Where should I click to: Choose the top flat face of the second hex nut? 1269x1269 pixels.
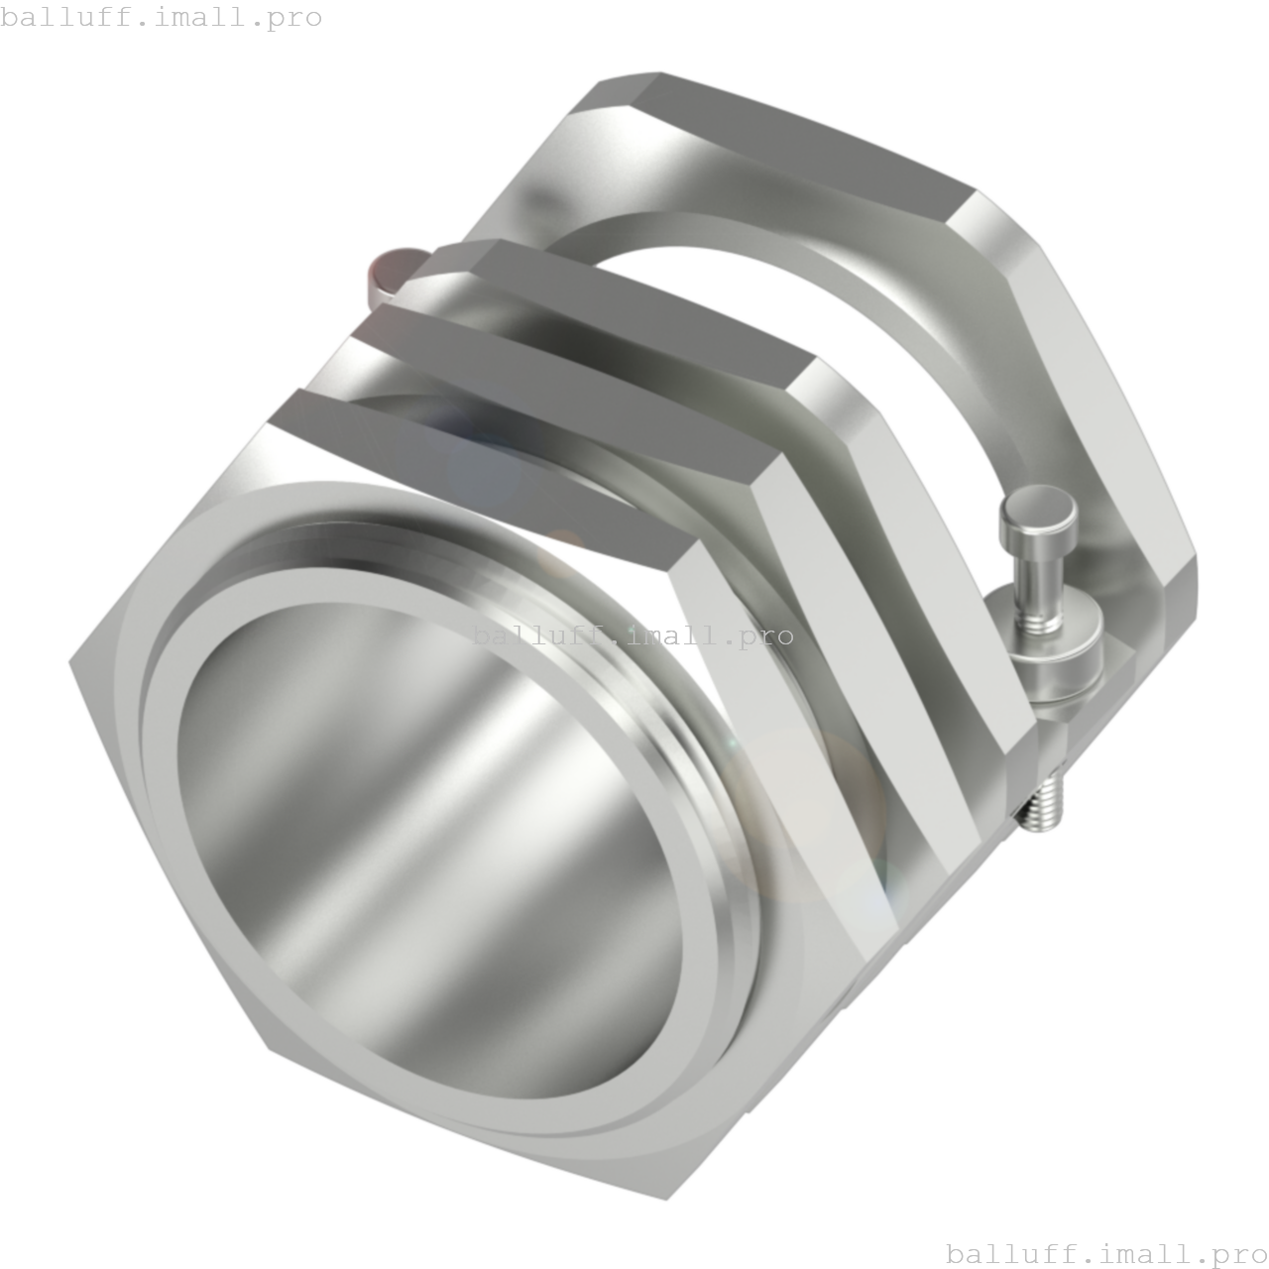565,387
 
